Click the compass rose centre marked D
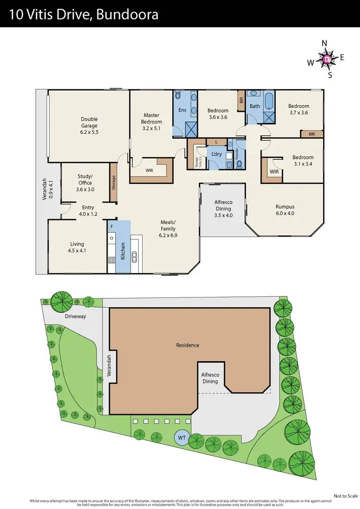[327, 59]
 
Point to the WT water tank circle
[182, 438]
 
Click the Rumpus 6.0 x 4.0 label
[285, 210]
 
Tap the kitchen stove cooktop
[112, 260]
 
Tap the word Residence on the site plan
[187, 345]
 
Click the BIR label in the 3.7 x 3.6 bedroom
[312, 134]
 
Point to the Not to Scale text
[346, 496]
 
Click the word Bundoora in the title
[127, 15]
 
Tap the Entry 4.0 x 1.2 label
[88, 211]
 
